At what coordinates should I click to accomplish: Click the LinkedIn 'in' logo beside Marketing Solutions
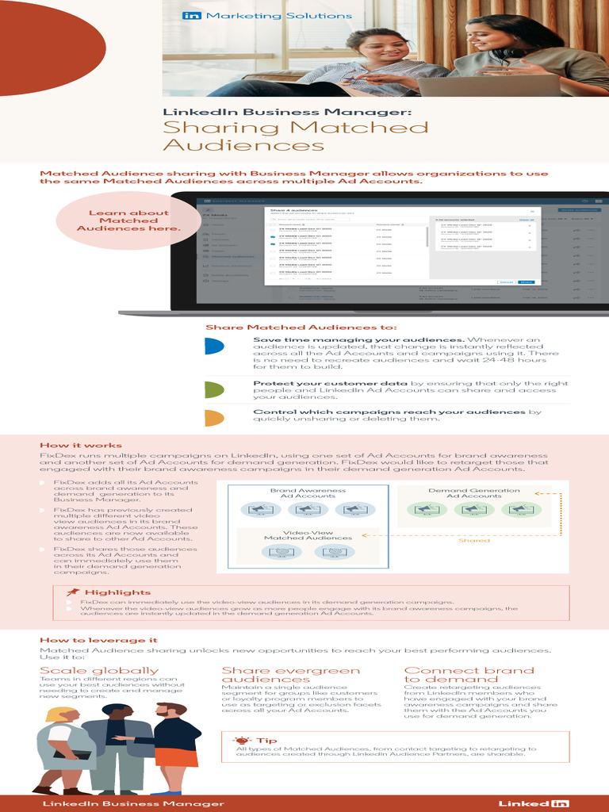(192, 15)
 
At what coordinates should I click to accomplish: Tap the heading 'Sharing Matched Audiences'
(296, 136)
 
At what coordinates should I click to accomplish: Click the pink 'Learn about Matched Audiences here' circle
(128, 220)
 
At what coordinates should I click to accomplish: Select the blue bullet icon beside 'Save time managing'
(213, 347)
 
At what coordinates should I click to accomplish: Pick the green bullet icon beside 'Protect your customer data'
(213, 389)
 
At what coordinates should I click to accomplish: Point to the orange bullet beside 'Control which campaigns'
(213, 418)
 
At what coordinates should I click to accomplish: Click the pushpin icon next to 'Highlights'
(73, 592)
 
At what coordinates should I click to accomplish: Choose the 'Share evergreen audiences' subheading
(290, 675)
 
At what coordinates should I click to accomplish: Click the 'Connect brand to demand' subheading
(469, 675)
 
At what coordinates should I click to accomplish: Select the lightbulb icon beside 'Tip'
(243, 740)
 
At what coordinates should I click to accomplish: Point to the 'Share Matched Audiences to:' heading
(301, 327)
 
